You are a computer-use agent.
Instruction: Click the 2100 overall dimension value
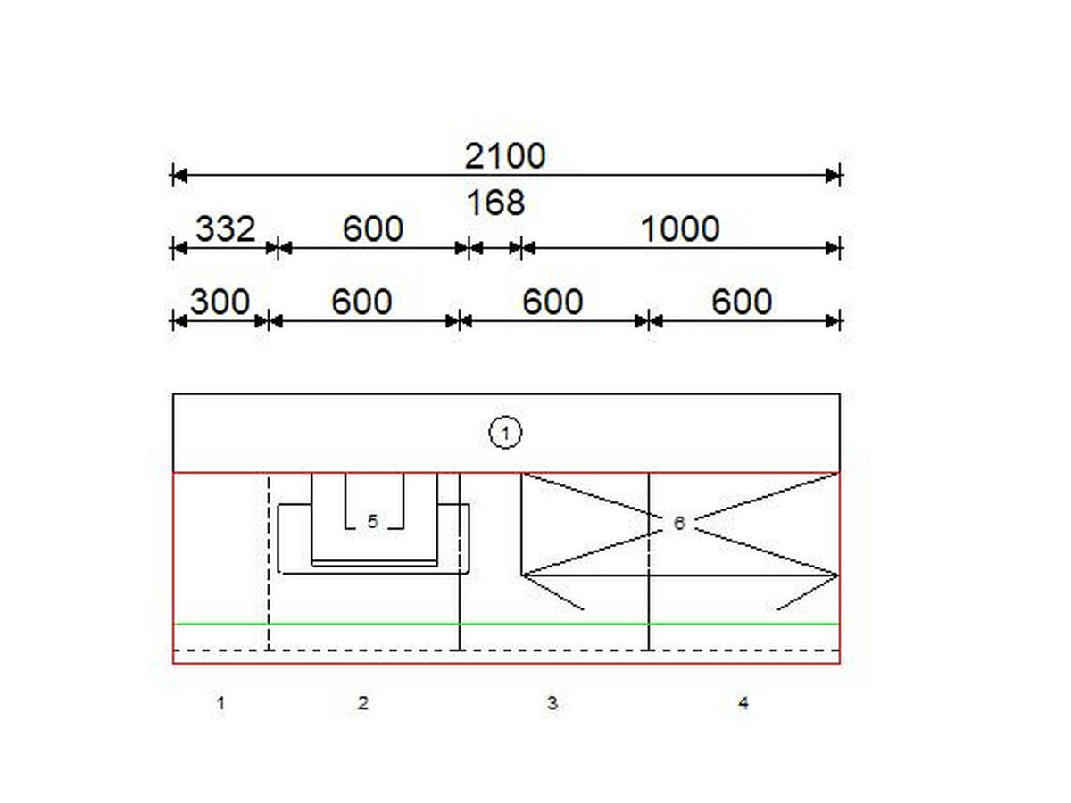pos(505,156)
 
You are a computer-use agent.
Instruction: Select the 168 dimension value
pos(495,203)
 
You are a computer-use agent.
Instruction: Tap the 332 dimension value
pos(226,228)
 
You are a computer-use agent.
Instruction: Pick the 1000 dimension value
pos(680,228)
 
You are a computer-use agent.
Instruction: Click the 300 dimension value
pos(220,302)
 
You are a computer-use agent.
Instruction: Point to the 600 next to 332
pos(373,228)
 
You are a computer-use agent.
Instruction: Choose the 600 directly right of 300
pos(361,302)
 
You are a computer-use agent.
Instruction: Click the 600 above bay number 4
pos(742,302)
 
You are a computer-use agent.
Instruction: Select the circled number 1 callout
pos(505,432)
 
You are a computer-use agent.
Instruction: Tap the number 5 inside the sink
pos(372,521)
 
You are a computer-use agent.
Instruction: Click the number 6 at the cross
pos(679,523)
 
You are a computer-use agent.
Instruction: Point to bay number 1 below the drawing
pos(221,703)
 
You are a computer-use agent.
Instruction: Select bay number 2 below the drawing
pos(362,702)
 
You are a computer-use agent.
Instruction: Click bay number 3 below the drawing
pos(552,702)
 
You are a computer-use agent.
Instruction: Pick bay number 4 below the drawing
pos(743,702)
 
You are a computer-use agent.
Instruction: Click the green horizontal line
pos(506,624)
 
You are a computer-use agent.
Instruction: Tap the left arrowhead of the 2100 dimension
pos(180,175)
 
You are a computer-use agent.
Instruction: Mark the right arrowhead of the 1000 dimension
pos(833,248)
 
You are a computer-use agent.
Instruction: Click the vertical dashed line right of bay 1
pos(269,563)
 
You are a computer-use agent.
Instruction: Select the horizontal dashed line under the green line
pos(506,650)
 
